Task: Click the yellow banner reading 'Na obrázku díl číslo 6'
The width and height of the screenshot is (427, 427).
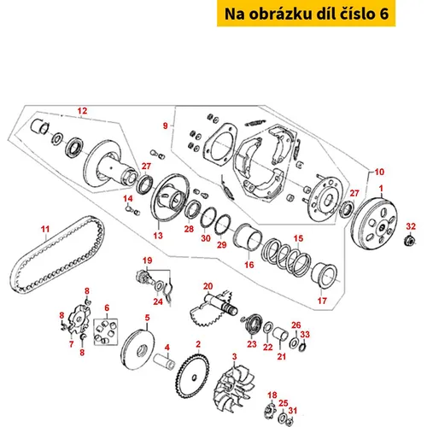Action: [306, 14]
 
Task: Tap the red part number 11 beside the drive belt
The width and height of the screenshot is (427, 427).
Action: [45, 229]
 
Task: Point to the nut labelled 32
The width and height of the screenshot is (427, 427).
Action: [409, 241]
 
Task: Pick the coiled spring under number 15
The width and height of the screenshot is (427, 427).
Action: [286, 257]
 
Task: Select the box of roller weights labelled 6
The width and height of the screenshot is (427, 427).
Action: [106, 331]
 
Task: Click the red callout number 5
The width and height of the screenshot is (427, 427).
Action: [147, 318]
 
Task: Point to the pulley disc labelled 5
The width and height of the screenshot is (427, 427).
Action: [137, 349]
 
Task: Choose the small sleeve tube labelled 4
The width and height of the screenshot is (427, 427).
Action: [164, 361]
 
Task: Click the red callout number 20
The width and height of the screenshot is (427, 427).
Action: [208, 286]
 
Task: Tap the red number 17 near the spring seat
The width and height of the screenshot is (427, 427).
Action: [322, 301]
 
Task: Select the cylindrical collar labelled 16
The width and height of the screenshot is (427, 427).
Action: [248, 236]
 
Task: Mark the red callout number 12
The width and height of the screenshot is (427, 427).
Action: [82, 111]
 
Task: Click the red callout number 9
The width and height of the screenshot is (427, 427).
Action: [165, 126]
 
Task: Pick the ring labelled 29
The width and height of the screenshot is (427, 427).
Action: [222, 225]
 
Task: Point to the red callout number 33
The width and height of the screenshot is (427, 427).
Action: [305, 334]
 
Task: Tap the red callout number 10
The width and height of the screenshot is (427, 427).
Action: [379, 172]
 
